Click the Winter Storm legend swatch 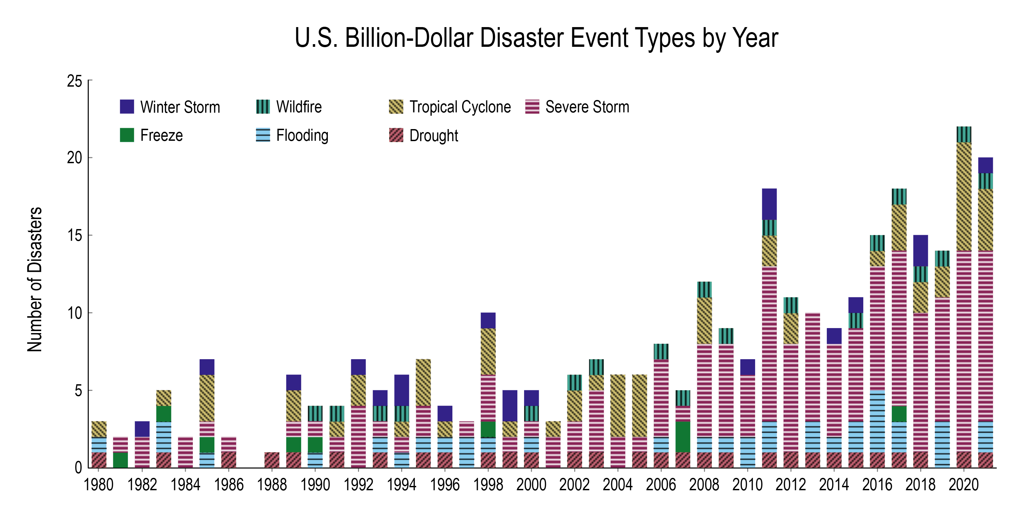[x=127, y=106]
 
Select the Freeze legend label [x=161, y=135]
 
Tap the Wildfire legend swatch [x=263, y=106]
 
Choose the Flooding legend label [x=302, y=135]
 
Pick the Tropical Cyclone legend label [x=460, y=107]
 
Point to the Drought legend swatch [x=396, y=135]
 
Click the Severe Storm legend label [x=587, y=107]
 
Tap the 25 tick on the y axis [x=75, y=81]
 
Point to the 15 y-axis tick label [x=75, y=235]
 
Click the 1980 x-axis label [x=99, y=485]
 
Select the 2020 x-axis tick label [x=964, y=485]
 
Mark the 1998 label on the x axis [x=488, y=485]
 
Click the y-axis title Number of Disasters [x=35, y=279]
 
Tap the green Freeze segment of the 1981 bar [x=121, y=460]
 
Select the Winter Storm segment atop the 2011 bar [x=769, y=204]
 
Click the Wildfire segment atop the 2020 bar [x=964, y=134]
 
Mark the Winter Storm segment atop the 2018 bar [x=920, y=251]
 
